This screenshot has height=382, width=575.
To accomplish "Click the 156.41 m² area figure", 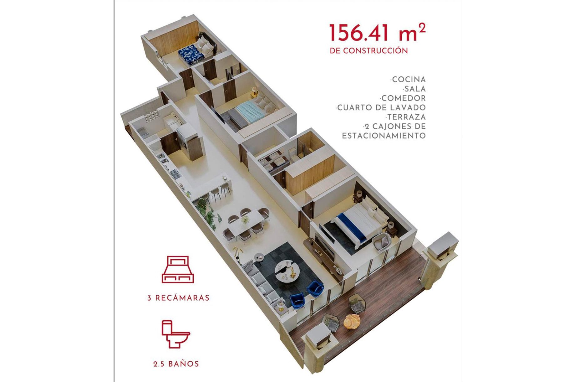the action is point(377,33).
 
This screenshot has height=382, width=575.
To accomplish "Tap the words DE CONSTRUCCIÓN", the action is point(369,51).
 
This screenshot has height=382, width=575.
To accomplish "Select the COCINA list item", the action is point(408,80).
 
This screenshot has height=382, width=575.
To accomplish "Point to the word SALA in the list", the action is point(414,89).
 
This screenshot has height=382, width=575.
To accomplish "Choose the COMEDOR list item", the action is point(403,98).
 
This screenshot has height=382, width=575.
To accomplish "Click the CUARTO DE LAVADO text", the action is point(380,108).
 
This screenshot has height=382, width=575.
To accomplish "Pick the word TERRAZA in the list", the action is point(406,117).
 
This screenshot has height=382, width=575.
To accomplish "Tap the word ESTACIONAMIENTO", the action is point(384,136).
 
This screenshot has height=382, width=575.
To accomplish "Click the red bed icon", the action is point(178,270).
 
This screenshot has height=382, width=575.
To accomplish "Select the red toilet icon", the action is point(176,334).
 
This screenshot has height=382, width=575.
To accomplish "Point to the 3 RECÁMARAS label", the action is point(178,298).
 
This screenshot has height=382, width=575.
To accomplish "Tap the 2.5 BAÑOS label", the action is point(176,364).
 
